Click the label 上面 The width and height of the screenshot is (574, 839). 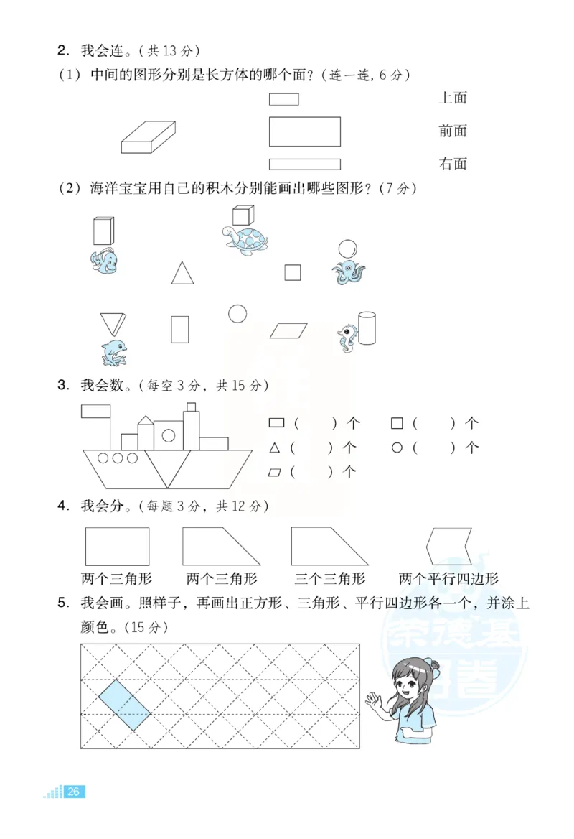tap(453, 98)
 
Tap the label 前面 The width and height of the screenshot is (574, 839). tap(453, 131)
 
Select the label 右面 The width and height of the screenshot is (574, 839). tap(453, 164)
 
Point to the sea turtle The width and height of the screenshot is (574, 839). tap(244, 239)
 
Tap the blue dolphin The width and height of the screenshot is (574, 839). tap(114, 351)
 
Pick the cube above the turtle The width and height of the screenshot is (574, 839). tap(243, 215)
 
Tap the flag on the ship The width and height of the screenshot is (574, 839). tap(95, 412)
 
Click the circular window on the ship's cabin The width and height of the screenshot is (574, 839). tap(169, 435)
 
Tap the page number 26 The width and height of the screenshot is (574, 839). tap(74, 792)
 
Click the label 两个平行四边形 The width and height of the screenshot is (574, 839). tap(448, 579)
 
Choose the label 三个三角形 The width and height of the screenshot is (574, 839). tap(330, 579)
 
